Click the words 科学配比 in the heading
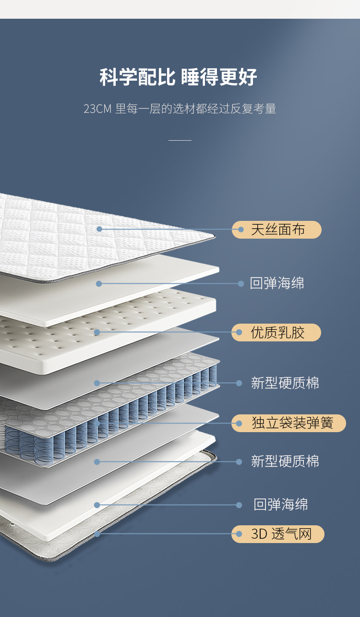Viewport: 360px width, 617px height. point(138,77)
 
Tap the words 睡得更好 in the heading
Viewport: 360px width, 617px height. point(219,77)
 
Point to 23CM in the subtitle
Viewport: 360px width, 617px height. point(97,109)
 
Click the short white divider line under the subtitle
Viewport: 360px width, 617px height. point(180,140)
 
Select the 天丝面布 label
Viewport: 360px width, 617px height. point(278,230)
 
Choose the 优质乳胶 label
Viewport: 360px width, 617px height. point(278,332)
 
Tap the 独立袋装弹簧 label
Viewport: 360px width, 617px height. point(291,423)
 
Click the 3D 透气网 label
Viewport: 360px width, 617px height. point(281,534)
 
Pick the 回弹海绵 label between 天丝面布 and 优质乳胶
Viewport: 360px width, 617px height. point(277,283)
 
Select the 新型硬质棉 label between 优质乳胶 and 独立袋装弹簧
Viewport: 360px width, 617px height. point(285,383)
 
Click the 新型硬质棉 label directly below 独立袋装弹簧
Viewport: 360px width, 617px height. point(285,462)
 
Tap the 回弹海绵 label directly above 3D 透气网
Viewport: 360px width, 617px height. point(281,505)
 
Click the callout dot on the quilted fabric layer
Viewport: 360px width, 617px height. point(99,229)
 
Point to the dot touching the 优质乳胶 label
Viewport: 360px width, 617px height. point(239,332)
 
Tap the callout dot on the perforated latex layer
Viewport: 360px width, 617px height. point(97,332)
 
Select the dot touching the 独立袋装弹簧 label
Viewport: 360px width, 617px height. point(239,423)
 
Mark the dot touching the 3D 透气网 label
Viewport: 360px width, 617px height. point(239,534)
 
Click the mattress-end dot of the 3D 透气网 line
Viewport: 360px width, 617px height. point(97,534)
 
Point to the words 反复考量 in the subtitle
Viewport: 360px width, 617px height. point(253,109)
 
